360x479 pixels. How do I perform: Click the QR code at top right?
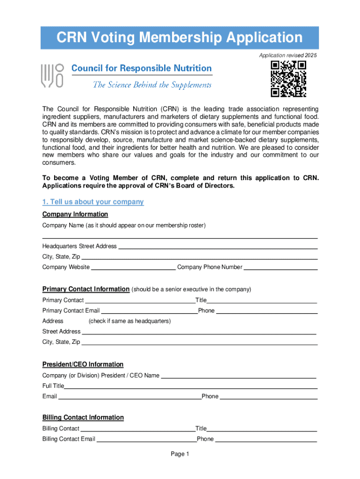click(x=288, y=79)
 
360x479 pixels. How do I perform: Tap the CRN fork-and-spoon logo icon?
click(x=52, y=76)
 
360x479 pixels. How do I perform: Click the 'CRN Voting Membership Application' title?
click(x=180, y=37)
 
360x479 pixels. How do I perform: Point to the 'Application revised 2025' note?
click(x=288, y=56)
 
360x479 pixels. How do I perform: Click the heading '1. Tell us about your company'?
click(x=93, y=202)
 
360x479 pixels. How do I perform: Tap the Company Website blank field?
click(x=133, y=269)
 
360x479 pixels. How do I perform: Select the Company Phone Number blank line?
click(x=281, y=269)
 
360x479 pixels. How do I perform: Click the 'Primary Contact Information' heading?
click(x=86, y=289)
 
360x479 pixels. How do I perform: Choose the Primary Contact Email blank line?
click(x=149, y=312)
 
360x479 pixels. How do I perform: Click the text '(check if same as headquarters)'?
click(x=130, y=321)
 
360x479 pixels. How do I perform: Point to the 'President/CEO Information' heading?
click(x=83, y=364)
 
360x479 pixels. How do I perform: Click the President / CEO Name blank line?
click(x=238, y=377)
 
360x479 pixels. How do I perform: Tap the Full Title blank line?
click(x=191, y=387)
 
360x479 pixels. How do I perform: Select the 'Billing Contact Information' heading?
click(x=83, y=417)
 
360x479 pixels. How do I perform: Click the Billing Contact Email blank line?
click(x=146, y=440)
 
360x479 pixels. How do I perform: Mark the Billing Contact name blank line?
click(x=137, y=430)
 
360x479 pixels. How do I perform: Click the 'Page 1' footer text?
click(x=180, y=454)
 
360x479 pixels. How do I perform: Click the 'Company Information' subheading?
click(x=75, y=214)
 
